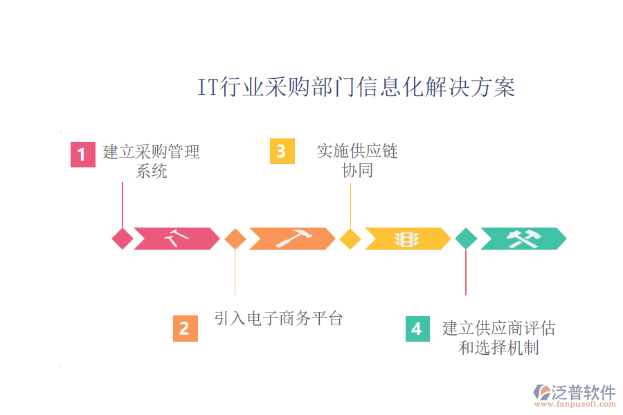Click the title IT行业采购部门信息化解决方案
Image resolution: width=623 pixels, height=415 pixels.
[x=356, y=88]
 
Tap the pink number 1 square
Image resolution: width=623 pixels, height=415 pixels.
[x=82, y=154]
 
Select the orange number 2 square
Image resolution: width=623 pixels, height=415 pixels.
[x=185, y=329]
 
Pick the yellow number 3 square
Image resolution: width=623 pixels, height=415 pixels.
[x=282, y=151]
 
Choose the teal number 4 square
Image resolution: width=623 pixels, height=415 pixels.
[x=417, y=329]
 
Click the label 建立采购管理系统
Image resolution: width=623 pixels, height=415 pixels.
[x=151, y=160]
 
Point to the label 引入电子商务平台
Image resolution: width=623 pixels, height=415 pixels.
[x=278, y=319]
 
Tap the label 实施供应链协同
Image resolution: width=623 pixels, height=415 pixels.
[x=357, y=160]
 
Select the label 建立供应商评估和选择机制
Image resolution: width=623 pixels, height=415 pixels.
[x=498, y=338]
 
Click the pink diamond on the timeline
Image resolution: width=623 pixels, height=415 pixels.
[x=123, y=239]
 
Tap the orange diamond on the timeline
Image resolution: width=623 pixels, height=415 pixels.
[x=235, y=239]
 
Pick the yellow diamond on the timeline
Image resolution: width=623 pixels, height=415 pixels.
[x=350, y=239]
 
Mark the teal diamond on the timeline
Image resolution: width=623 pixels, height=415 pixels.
[x=466, y=239]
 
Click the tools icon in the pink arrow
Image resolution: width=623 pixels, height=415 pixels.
[x=177, y=239]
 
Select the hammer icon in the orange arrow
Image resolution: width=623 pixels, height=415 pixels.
[x=293, y=239]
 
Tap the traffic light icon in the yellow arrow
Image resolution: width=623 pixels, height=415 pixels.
[x=407, y=239]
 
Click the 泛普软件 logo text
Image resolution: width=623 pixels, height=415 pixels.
[x=583, y=392]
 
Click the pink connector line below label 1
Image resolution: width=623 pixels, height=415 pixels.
[x=123, y=204]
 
